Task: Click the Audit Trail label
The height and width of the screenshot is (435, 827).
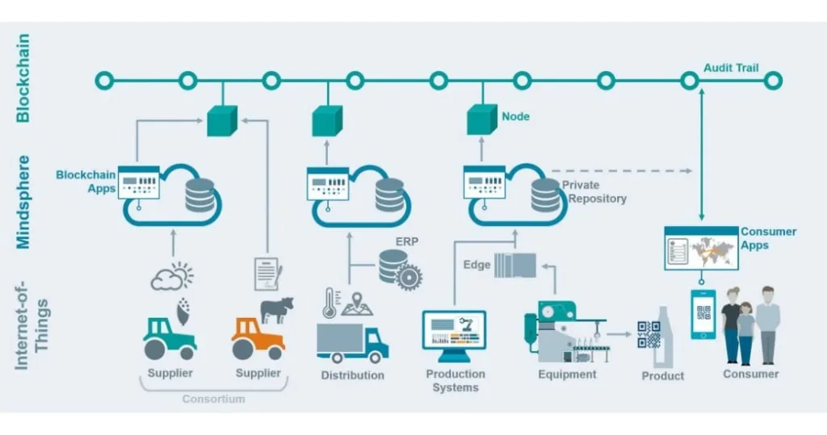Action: tap(730, 68)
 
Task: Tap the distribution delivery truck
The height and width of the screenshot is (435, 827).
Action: tap(352, 342)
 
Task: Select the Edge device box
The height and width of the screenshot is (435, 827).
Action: tap(514, 265)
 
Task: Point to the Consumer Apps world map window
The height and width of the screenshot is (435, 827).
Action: tap(700, 248)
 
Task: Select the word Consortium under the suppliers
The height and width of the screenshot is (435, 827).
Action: tap(213, 399)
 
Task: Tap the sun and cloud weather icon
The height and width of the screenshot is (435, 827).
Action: tap(172, 277)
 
